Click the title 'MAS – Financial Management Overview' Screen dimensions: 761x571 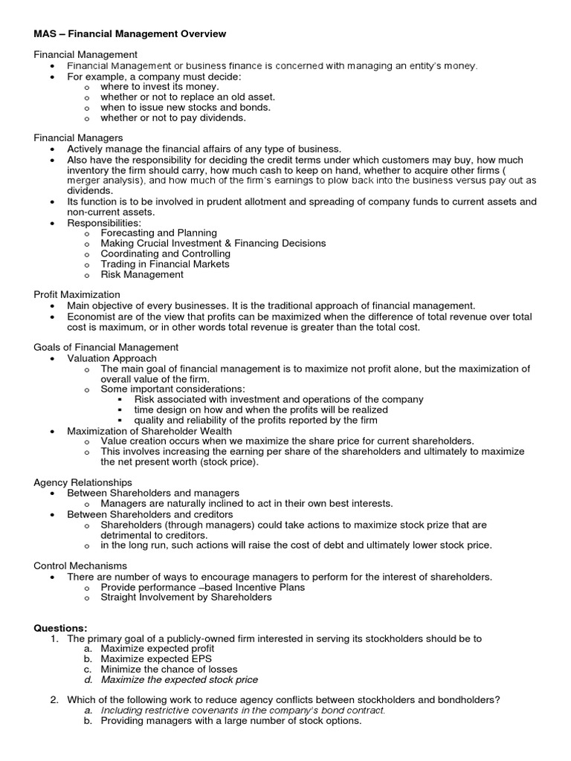tap(130, 34)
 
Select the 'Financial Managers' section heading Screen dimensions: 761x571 tap(78, 138)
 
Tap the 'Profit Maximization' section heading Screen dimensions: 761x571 tap(77, 295)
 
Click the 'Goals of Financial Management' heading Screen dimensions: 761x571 tap(106, 347)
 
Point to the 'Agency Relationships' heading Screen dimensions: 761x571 tap(83, 482)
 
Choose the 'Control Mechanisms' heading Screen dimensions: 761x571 tap(80, 566)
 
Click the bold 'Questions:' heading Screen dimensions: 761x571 tap(60, 628)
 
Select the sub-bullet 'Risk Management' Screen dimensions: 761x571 tap(142, 274)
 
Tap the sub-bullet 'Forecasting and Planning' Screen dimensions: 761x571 tap(159, 233)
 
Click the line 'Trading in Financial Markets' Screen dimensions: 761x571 tap(165, 264)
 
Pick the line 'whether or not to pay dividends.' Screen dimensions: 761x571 tap(173, 117)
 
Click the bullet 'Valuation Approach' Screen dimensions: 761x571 tap(112, 358)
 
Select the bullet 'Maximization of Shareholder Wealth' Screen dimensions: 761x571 tap(149, 431)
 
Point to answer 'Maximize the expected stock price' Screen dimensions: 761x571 tap(179, 679)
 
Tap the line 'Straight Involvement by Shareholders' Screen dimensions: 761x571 tap(186, 597)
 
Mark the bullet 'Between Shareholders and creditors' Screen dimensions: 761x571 tap(150, 514)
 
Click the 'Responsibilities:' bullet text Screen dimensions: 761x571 tap(104, 222)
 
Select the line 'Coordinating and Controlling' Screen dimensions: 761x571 tap(166, 253)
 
